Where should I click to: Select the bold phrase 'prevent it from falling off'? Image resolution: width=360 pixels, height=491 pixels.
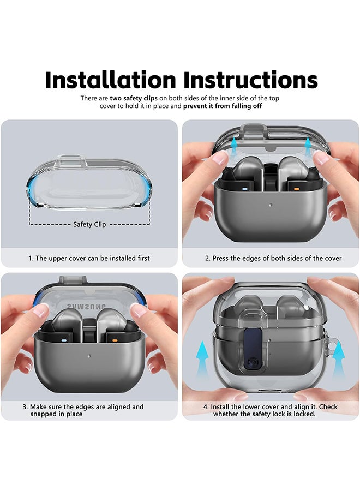(223, 106)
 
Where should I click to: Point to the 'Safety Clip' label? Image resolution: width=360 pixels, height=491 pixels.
(89, 224)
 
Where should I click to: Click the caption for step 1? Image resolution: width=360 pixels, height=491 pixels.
(89, 258)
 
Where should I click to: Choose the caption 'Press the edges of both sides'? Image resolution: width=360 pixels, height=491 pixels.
(273, 258)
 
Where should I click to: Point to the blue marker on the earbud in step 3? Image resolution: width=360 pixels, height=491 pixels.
(64, 339)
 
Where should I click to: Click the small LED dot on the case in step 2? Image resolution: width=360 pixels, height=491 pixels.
(271, 206)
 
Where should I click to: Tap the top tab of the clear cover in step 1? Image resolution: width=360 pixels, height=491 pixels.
(71, 161)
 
